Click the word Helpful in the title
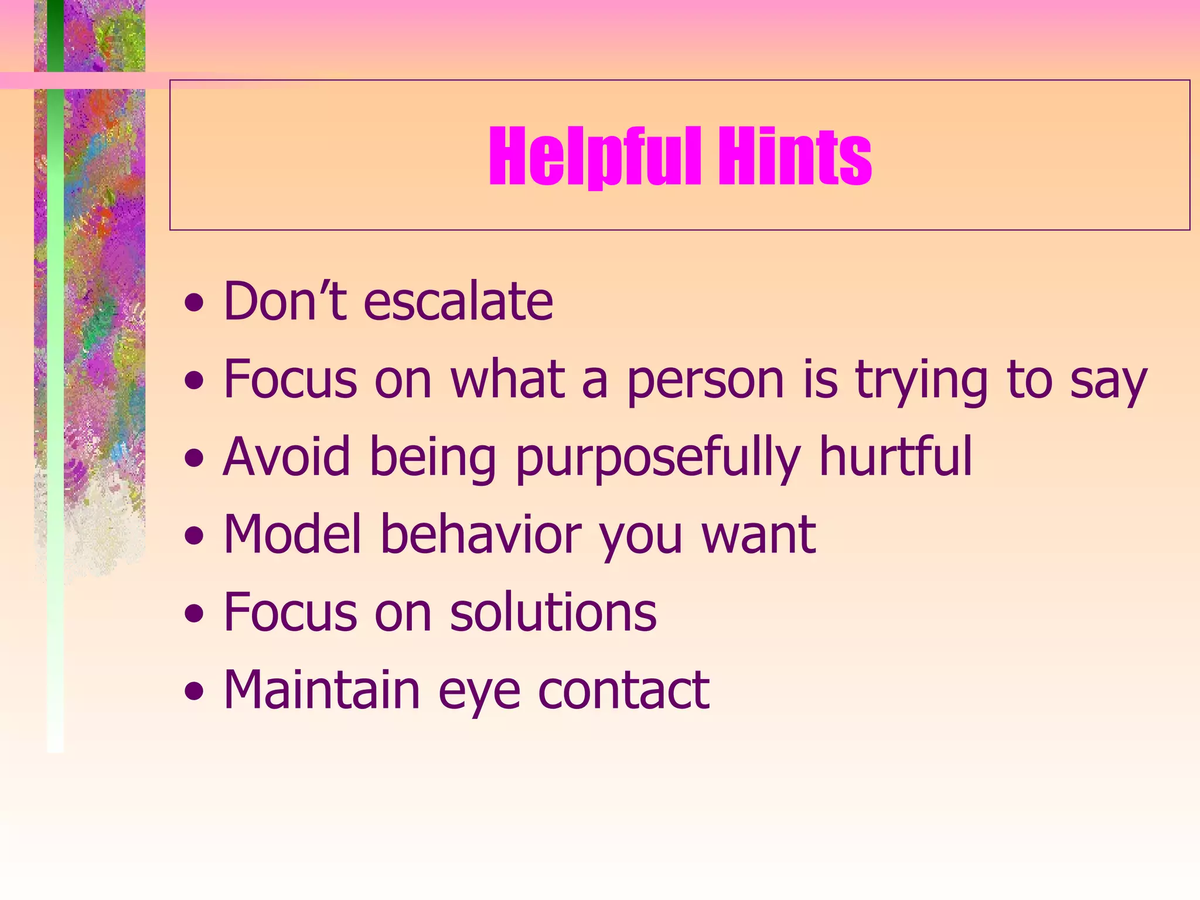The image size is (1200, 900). coord(595,157)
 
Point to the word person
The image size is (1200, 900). coord(705,381)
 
